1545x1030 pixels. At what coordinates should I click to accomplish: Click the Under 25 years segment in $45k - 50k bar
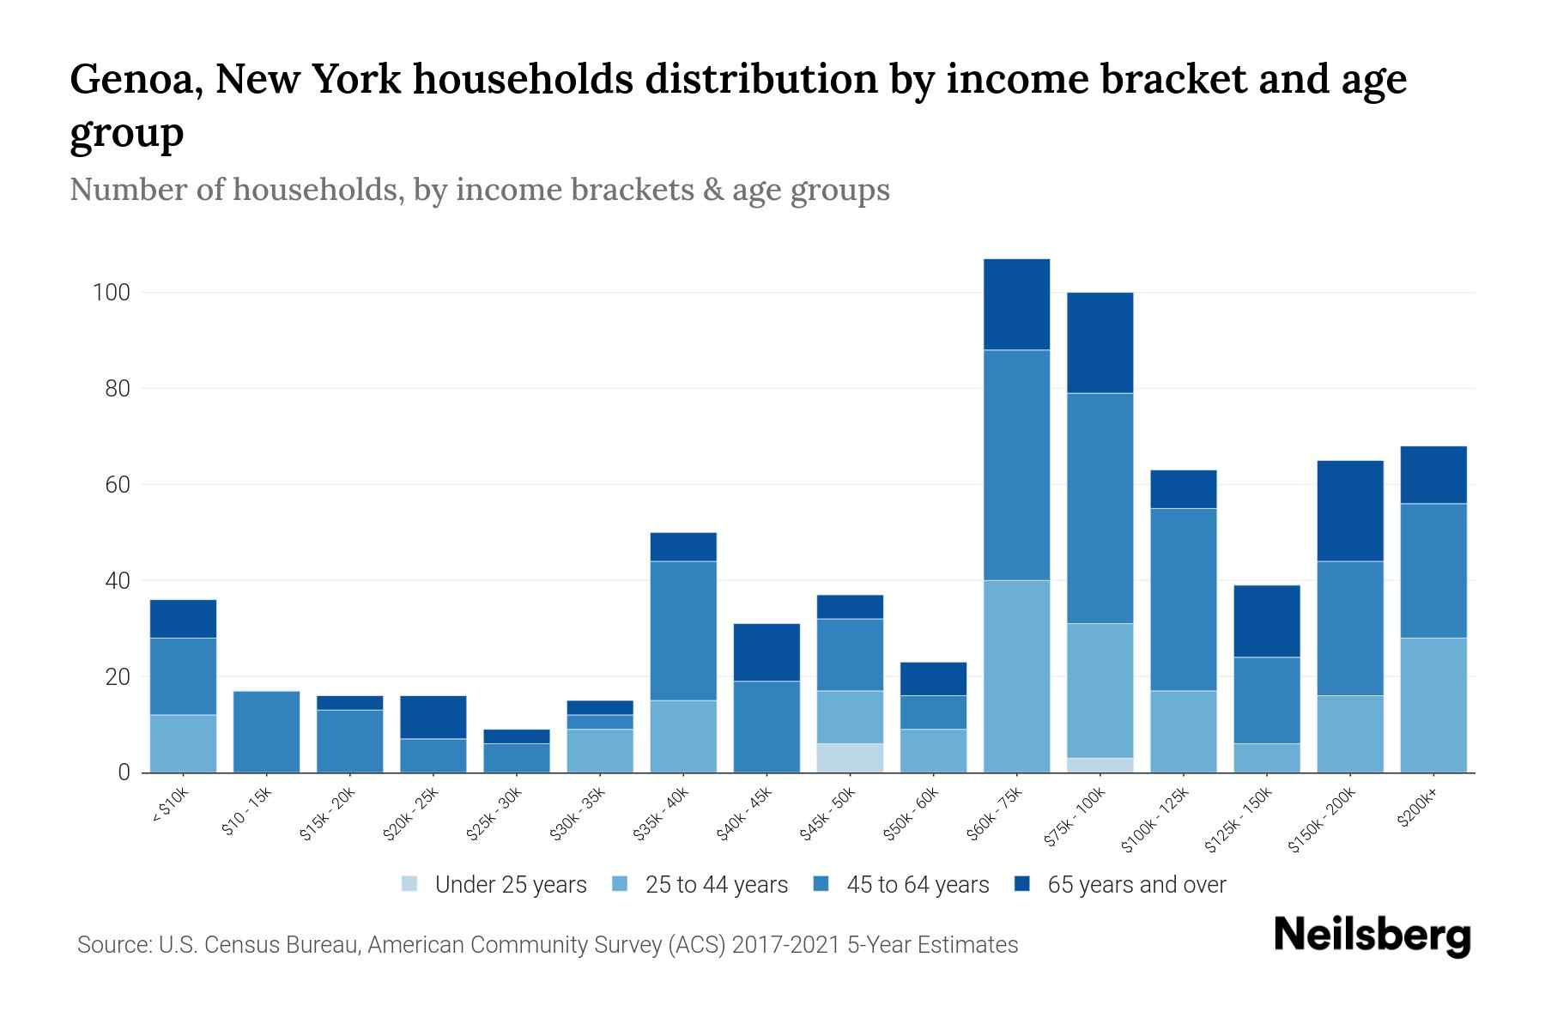(850, 758)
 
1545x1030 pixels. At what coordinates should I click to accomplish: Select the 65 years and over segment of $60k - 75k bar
(1016, 304)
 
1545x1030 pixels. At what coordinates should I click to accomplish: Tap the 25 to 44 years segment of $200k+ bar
(1433, 705)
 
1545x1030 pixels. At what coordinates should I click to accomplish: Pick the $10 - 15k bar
(266, 731)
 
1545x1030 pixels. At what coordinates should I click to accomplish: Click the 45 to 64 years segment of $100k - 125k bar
(1183, 599)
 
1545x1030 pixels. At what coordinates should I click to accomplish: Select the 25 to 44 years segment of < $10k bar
(183, 743)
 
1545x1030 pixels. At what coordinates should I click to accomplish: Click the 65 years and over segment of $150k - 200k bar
(1349, 511)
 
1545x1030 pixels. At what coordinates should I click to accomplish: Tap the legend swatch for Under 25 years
(410, 884)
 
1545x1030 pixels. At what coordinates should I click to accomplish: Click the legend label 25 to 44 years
(716, 884)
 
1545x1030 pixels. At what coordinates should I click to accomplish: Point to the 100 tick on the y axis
(111, 293)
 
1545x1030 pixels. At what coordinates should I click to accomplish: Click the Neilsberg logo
(1372, 936)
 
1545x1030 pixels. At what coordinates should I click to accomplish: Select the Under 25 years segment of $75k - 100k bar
(1100, 765)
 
